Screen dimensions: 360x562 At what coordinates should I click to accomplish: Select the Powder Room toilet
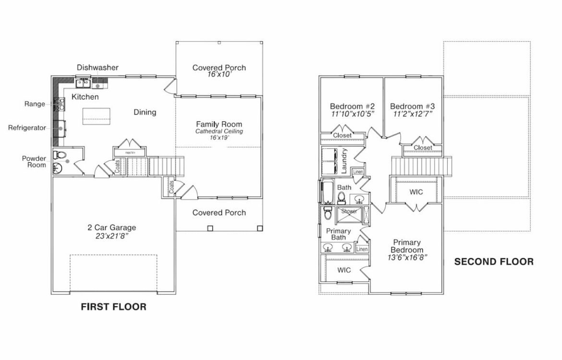point(60,155)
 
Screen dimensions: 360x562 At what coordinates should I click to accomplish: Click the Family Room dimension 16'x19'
point(219,138)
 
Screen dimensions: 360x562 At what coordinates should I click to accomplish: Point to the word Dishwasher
point(98,68)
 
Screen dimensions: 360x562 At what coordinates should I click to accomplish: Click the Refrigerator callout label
point(27,128)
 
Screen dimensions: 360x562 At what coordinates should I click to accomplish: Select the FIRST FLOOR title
point(113,307)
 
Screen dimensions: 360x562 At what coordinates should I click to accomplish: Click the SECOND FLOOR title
point(494,262)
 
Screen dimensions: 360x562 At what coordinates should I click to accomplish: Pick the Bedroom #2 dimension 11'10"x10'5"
point(353,114)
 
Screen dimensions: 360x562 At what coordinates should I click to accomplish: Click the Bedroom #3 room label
point(413,106)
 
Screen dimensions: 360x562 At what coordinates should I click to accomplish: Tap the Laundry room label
point(344,161)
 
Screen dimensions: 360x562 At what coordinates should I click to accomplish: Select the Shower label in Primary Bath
point(349,211)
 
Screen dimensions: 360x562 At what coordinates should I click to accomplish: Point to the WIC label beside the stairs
point(416,192)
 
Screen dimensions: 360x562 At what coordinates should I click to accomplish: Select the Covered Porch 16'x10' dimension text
point(219,75)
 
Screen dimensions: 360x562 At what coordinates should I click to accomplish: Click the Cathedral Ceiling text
point(219,131)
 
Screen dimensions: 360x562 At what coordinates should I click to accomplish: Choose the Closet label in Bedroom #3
point(423,148)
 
